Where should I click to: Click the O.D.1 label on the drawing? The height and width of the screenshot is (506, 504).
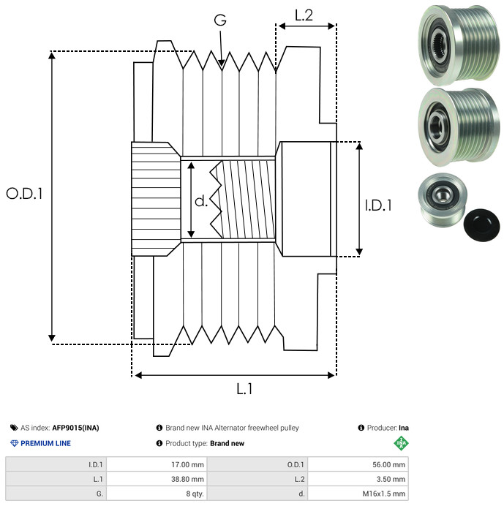point(24,194)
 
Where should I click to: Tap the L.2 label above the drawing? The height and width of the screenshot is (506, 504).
point(304,15)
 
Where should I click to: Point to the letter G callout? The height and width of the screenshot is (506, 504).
point(220,20)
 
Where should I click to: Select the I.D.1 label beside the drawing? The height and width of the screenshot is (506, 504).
point(378,205)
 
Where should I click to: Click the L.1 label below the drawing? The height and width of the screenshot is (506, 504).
point(244,389)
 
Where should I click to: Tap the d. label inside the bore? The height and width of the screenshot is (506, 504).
point(201,201)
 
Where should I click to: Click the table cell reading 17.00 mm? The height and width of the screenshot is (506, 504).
point(157,465)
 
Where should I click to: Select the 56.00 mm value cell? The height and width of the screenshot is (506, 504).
point(358,465)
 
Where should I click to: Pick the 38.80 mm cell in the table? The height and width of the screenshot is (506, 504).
point(157,479)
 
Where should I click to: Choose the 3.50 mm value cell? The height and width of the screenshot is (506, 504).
point(358,479)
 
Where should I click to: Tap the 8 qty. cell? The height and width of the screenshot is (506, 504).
point(157,494)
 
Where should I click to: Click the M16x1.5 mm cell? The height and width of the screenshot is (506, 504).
point(358,494)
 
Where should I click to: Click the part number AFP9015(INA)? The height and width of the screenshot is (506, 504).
point(75,428)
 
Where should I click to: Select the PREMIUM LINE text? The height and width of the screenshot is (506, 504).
point(45,443)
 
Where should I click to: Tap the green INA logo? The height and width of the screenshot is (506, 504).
point(401,443)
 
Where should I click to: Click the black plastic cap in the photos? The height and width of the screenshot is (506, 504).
point(481,225)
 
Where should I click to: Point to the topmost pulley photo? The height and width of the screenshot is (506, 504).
point(459,45)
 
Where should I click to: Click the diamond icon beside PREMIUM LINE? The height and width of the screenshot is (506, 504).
point(14,443)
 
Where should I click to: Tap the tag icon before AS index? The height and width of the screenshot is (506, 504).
point(14,428)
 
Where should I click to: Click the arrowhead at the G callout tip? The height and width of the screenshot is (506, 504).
point(222,63)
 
